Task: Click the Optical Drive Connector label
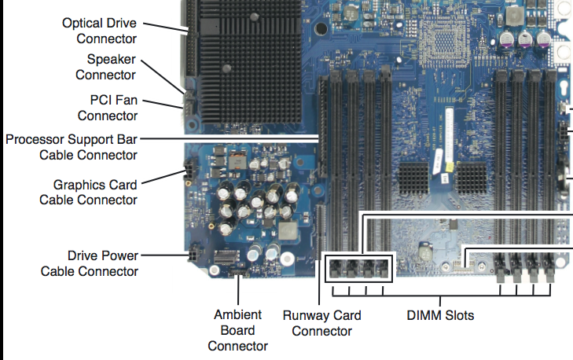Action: pos(100,31)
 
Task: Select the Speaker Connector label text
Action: pos(105,67)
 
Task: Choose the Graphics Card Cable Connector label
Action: pos(88,193)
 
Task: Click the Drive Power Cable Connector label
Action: pos(89,263)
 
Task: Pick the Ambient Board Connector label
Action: pos(237,330)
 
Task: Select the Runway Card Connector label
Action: pos(321,323)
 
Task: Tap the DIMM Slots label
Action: pos(439,316)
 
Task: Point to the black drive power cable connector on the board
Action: pos(191,256)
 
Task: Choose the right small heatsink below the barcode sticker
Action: pos(472,180)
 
